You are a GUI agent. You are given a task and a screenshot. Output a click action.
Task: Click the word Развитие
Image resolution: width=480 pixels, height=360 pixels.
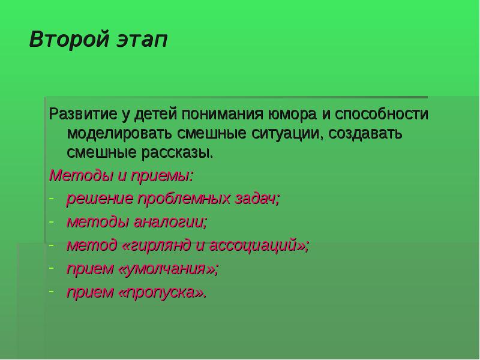coord(78,113)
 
